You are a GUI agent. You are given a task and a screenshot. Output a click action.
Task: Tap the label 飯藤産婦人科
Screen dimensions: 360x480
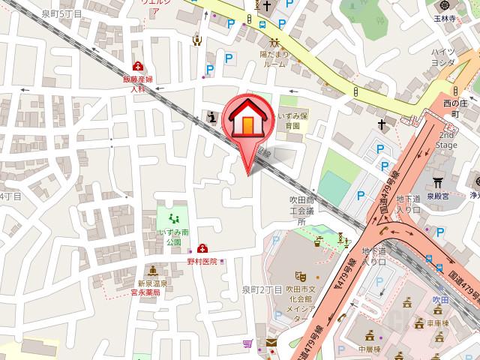click(x=137, y=83)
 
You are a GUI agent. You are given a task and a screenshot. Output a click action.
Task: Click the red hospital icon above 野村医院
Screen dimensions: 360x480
click(x=202, y=248)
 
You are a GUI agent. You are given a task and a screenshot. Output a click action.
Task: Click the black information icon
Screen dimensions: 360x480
click(x=212, y=116)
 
